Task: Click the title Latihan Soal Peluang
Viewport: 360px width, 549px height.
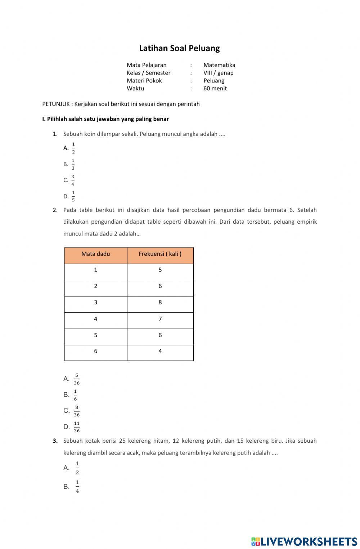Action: (x=179, y=48)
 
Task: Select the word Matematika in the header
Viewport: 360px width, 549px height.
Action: (x=219, y=65)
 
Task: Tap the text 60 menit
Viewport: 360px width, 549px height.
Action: (x=215, y=88)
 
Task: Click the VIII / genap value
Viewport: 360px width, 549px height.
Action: (x=218, y=73)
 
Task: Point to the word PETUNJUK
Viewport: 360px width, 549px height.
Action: (x=56, y=104)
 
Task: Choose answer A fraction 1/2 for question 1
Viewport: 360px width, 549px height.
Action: (x=73, y=148)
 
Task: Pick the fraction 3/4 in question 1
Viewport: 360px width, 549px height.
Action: (x=73, y=180)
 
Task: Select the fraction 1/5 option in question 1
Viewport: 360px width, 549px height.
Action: (x=73, y=196)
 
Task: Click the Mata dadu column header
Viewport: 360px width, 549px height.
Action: (x=96, y=254)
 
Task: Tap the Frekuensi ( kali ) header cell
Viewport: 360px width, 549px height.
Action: (x=160, y=254)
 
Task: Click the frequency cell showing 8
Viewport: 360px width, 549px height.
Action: (x=160, y=303)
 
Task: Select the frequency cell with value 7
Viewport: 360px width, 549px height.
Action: (x=160, y=319)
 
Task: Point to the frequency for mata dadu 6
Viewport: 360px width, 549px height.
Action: (x=160, y=351)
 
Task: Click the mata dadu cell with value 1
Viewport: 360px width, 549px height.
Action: (x=96, y=270)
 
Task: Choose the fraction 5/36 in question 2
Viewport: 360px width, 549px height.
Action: (x=77, y=379)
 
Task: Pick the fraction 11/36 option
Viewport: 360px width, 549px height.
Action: (x=77, y=427)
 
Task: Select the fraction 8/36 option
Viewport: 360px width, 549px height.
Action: (x=77, y=411)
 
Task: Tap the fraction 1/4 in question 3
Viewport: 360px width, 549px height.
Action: (x=77, y=487)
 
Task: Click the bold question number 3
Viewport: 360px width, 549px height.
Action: (x=55, y=441)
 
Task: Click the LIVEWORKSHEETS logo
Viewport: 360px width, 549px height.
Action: (x=304, y=541)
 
